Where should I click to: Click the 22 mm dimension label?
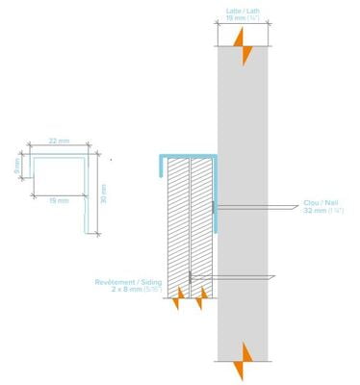(x=60, y=141)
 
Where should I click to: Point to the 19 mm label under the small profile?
(x=59, y=200)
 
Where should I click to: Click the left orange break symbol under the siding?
(x=176, y=303)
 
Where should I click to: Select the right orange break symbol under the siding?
(x=200, y=303)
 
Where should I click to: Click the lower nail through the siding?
(x=231, y=278)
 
